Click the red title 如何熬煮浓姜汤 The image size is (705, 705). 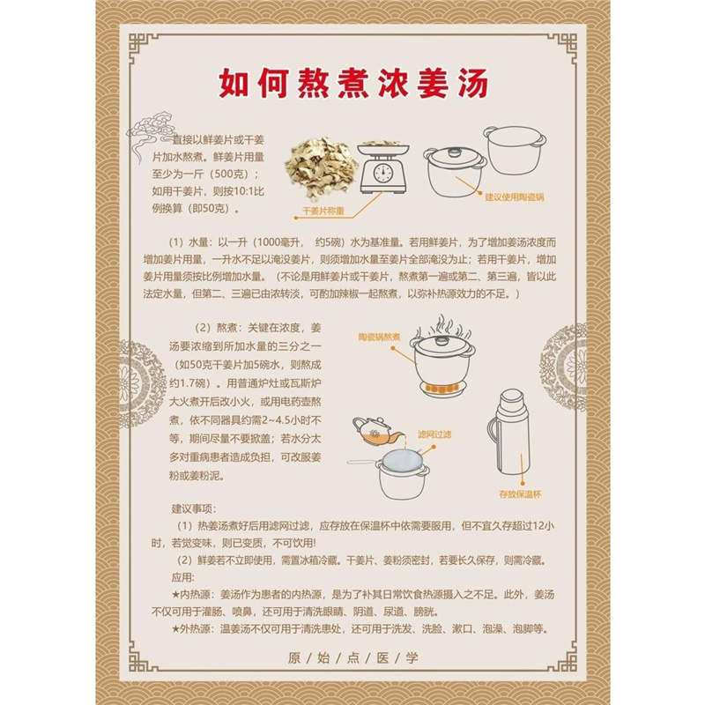(x=352, y=85)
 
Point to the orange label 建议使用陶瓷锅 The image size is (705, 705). (x=515, y=197)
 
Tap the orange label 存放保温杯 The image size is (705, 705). (x=518, y=495)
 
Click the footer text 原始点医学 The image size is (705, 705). (x=352, y=657)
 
